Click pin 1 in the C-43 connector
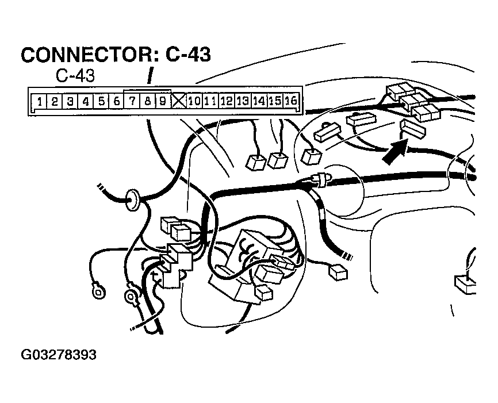tap(38, 102)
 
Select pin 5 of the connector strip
tap(101, 102)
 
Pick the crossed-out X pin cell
tap(178, 102)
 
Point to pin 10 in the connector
tap(194, 102)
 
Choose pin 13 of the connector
tap(242, 102)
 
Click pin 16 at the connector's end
tap(290, 102)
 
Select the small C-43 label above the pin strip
tap(75, 76)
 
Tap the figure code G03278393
tap(58, 355)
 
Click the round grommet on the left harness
tap(134, 199)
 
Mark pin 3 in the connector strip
tap(70, 102)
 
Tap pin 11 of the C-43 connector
tap(210, 102)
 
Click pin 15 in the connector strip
tap(274, 102)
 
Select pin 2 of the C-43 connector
tap(53, 102)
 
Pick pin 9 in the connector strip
tap(163, 102)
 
